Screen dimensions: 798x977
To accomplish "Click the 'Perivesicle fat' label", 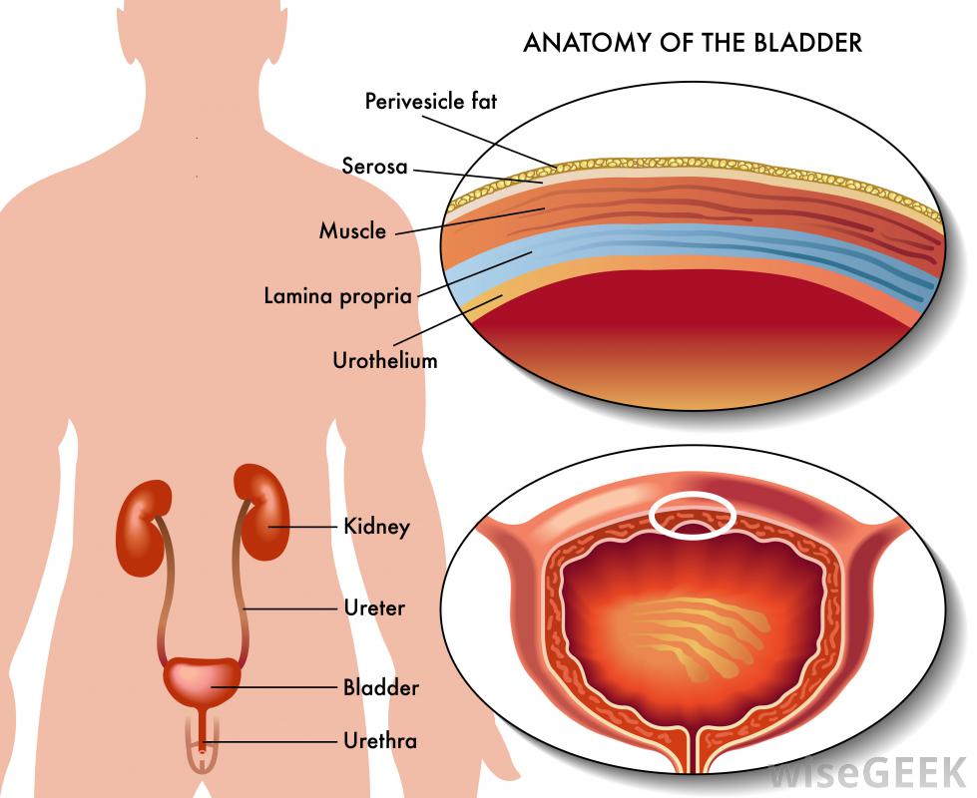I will click(x=430, y=101).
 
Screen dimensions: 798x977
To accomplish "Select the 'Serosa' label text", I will click(x=374, y=166).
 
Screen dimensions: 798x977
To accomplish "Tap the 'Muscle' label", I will click(x=352, y=231).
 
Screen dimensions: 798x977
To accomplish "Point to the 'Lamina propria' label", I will click(x=337, y=296).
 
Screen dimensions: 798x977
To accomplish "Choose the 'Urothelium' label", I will click(x=384, y=360).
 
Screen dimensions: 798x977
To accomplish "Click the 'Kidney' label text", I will click(x=376, y=526).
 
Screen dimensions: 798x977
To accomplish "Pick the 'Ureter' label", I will click(x=374, y=606).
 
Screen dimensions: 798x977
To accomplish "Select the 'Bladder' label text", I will click(x=380, y=687).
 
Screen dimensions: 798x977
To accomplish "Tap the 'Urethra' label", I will click(x=379, y=741).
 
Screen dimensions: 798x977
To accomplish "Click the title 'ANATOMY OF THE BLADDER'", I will click(x=693, y=43).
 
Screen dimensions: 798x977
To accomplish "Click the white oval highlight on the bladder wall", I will click(x=693, y=514).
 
